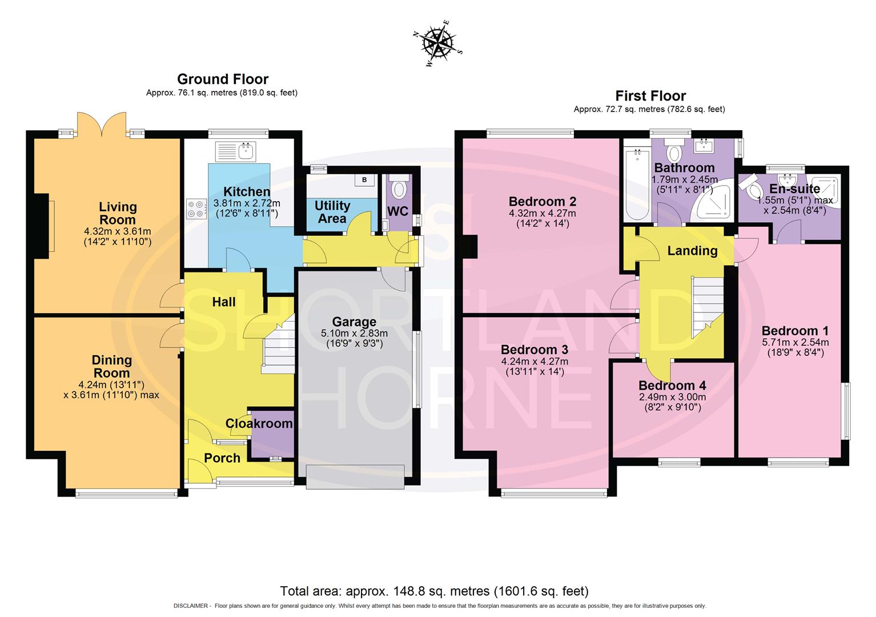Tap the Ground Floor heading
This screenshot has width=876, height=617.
click(x=222, y=79)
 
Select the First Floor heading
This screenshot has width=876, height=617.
click(x=650, y=95)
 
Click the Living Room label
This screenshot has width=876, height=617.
click(x=118, y=213)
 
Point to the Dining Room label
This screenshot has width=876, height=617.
click(x=112, y=366)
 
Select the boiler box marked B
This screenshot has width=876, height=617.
click(x=364, y=180)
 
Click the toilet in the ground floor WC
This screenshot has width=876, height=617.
click(x=399, y=188)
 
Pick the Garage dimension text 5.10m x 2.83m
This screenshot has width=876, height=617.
click(x=354, y=334)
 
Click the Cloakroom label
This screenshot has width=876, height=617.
click(x=259, y=423)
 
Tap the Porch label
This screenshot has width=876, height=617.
click(x=222, y=458)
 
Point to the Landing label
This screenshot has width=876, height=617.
click(x=692, y=251)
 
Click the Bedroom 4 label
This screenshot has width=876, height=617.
click(x=672, y=385)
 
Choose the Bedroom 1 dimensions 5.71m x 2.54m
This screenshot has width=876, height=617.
click(x=795, y=342)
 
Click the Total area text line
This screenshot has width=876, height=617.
click(x=434, y=591)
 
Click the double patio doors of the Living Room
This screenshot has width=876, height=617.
click(x=102, y=125)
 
